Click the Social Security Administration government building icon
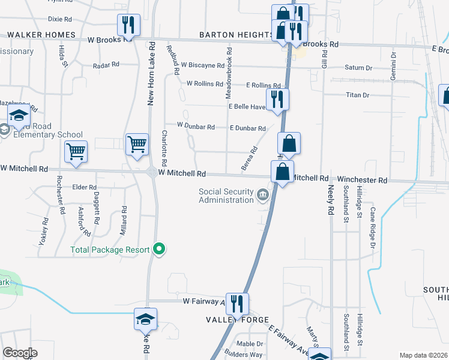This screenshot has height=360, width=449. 263,195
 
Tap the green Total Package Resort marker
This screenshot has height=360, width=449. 159,249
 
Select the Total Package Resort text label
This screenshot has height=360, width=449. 110,250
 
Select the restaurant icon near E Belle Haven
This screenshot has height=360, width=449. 277,99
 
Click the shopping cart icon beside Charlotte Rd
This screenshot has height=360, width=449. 137,145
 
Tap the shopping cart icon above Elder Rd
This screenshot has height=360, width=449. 76,151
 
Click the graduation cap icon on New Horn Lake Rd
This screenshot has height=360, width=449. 145,319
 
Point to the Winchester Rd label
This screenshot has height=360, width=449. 362,179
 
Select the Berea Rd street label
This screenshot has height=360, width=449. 250,159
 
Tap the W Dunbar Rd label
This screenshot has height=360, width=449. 196,127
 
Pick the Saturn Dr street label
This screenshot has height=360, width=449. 359,68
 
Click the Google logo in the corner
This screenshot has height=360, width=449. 20,353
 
